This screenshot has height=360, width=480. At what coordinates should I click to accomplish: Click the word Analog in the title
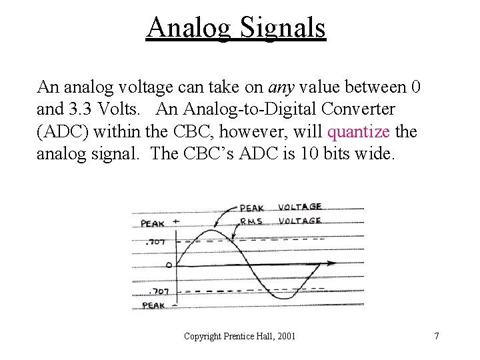point(188,29)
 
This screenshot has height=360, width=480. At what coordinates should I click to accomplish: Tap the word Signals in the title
point(283,29)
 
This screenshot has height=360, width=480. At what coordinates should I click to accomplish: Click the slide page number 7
point(437,337)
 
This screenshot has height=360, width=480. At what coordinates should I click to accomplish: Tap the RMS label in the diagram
point(251,221)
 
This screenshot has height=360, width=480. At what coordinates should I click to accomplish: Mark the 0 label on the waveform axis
point(169,265)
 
